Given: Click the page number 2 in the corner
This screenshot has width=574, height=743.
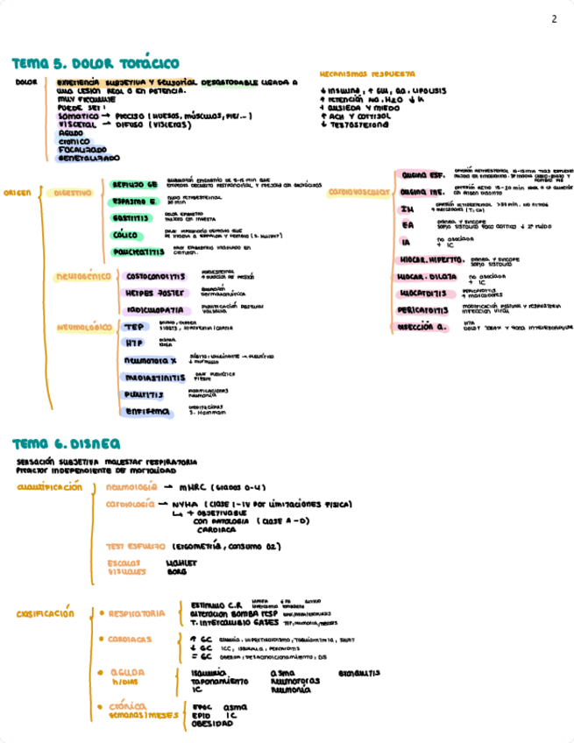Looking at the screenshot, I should tap(553, 20).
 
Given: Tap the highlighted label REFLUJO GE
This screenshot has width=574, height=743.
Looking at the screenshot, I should tap(134, 185).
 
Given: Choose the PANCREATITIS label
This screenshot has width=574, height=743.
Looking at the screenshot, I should tap(138, 252).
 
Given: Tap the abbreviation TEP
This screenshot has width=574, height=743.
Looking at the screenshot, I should tap(133, 327).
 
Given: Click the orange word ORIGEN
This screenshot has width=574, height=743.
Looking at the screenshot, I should tap(18, 193).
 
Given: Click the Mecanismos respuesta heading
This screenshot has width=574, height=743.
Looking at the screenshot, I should tap(367, 74).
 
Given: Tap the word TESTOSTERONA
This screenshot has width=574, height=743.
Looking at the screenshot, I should tap(358, 124).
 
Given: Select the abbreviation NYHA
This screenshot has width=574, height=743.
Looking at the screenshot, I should tap(185, 505).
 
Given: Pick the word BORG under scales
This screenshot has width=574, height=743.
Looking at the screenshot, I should tap(176, 571).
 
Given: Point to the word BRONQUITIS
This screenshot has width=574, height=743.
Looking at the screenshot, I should tap(358, 673).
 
